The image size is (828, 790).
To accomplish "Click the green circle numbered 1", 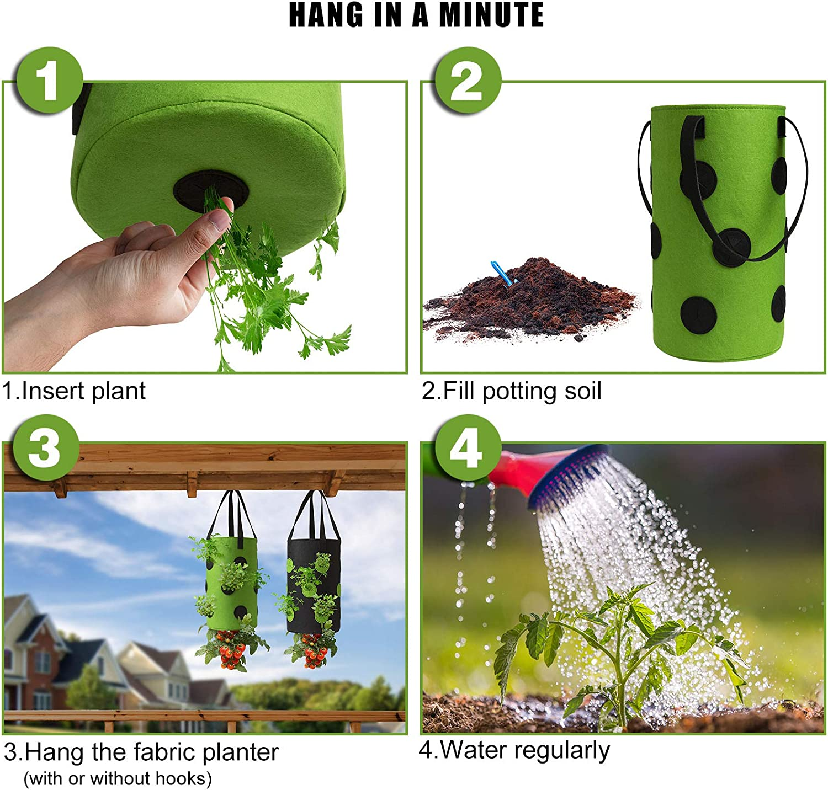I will click(49, 81).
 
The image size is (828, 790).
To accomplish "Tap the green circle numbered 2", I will click(467, 81).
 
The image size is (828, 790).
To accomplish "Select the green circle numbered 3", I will click(45, 447).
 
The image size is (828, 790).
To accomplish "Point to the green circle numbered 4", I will click(467, 447).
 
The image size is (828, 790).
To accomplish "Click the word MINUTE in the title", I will click(492, 15).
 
